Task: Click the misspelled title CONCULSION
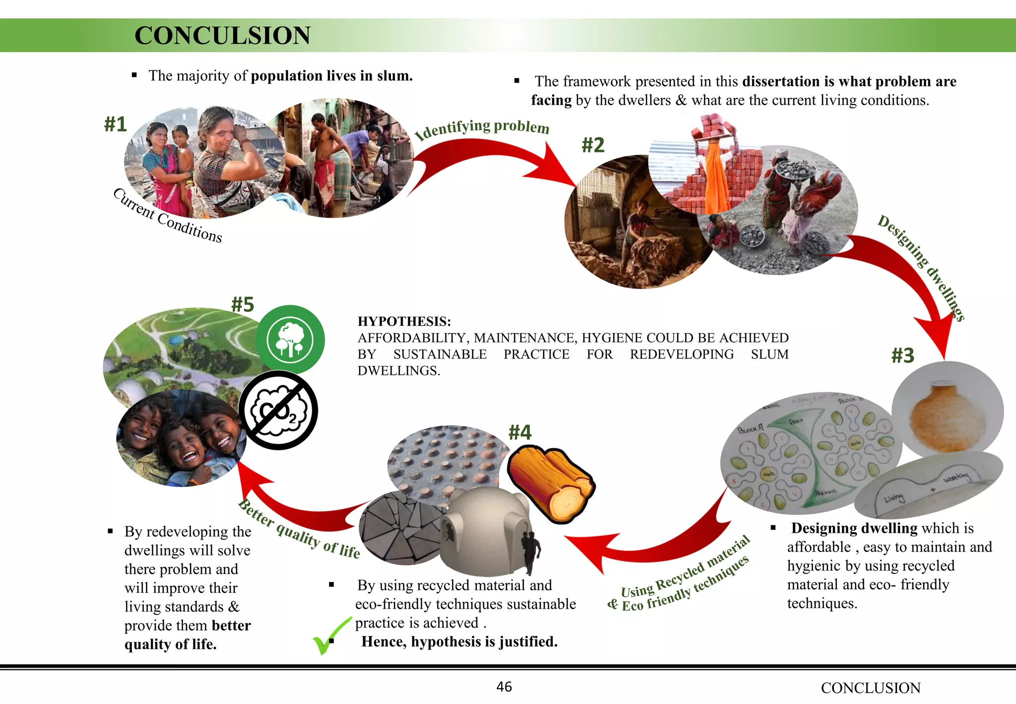(x=222, y=36)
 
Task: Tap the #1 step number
(x=116, y=124)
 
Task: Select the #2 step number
(x=593, y=145)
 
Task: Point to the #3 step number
(x=902, y=355)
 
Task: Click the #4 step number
(x=520, y=432)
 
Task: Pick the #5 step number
(x=243, y=304)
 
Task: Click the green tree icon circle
(x=290, y=340)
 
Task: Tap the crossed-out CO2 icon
(x=278, y=410)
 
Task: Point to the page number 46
(x=504, y=687)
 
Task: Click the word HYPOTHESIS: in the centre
(x=404, y=322)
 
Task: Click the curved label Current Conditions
(x=168, y=216)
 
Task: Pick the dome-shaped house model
(x=489, y=531)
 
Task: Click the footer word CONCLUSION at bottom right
(x=871, y=688)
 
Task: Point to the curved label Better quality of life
(x=300, y=530)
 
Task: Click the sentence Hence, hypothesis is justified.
(x=459, y=641)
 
